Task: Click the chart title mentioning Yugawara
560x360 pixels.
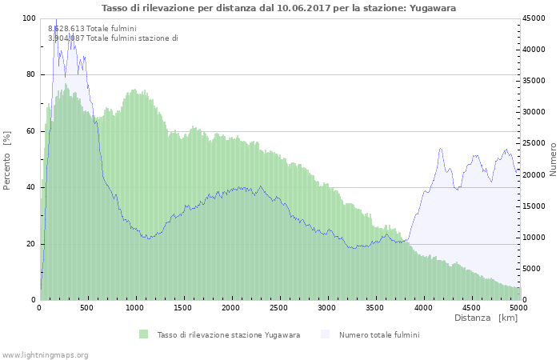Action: [280, 8]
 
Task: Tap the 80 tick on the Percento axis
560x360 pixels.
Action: [31, 74]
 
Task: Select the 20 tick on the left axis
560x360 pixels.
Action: [31, 244]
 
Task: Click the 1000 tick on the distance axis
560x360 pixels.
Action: [136, 306]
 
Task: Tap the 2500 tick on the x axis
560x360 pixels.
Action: [279, 306]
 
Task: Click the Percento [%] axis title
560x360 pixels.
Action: [7, 160]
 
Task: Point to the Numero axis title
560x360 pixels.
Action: [553, 158]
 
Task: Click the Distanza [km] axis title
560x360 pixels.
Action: [486, 318]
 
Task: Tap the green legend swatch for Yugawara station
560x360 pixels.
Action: [144, 334]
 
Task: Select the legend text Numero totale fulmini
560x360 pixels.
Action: [378, 334]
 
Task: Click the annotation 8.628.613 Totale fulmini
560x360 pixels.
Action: [92, 29]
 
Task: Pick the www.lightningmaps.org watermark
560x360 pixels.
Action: [46, 354]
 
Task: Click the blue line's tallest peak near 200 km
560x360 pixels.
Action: [56, 19]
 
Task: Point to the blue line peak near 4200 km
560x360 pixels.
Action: [441, 149]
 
